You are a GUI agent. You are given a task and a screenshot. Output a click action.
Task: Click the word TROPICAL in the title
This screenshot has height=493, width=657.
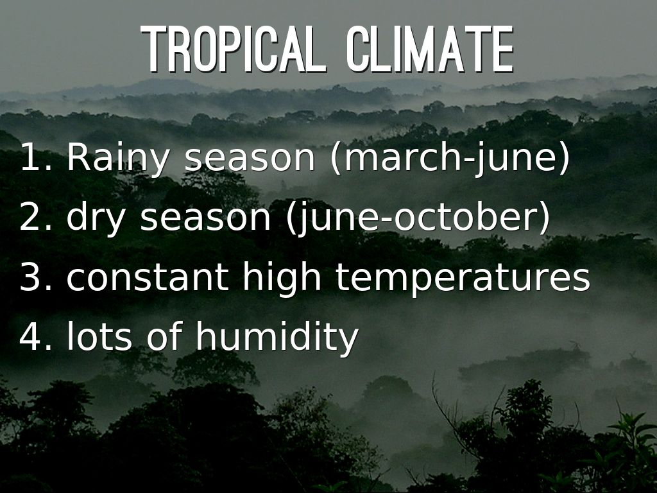coord(234,49)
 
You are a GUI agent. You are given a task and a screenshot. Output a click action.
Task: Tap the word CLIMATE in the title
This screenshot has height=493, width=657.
coord(431,49)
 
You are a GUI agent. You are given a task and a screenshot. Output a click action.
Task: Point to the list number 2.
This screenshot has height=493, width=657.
coord(36,217)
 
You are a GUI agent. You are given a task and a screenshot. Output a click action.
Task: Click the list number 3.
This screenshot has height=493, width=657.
coord(36,277)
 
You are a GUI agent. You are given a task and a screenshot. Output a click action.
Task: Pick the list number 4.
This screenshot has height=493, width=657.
coord(36,336)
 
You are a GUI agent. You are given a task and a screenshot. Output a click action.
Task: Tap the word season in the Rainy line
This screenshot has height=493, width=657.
coord(250,160)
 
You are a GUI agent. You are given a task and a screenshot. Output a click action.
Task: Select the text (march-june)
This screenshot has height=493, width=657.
coord(450,159)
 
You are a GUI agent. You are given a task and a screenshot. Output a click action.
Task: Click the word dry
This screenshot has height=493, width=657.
coord(96,219)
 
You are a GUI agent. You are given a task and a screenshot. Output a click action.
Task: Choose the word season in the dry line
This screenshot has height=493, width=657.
coord(205,220)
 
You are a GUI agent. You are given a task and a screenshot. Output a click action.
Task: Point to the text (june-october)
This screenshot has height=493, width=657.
coord(418,218)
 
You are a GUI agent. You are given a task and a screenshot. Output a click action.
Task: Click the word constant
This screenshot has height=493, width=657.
coord(148,277)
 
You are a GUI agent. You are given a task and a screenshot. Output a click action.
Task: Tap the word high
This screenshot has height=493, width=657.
coord(282,279)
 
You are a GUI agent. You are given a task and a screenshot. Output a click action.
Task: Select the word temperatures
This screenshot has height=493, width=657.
coord(463,279)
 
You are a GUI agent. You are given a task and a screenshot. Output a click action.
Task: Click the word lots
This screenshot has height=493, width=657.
coord(99,336)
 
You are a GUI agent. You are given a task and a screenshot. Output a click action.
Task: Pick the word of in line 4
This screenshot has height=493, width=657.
coord(164,336)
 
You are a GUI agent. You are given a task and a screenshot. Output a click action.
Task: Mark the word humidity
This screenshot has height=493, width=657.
coord(277,339)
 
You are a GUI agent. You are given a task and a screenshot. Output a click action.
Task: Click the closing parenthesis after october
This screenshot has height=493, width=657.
coord(544,218)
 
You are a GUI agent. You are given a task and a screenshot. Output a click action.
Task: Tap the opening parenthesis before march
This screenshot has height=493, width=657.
coord(336,159)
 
